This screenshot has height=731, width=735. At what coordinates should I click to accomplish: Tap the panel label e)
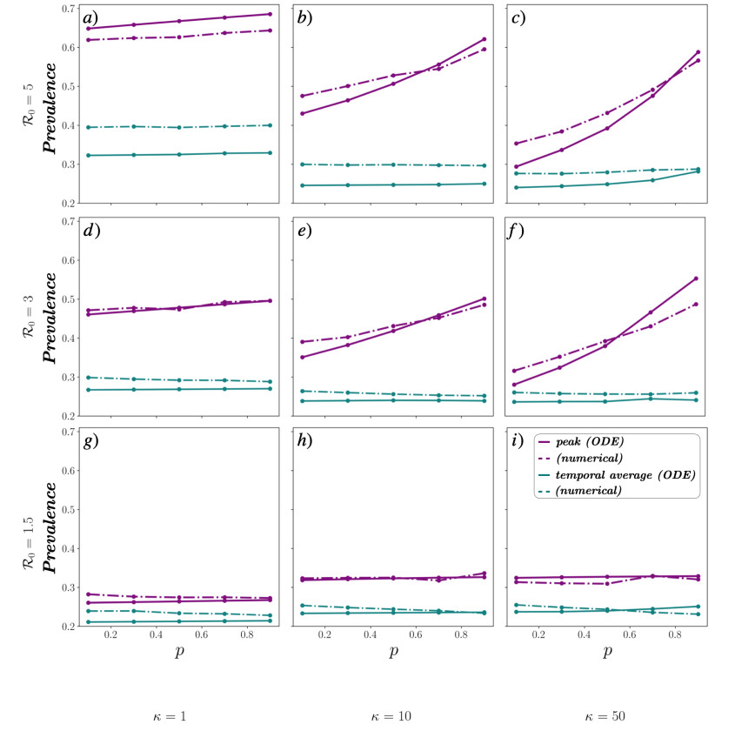click(x=305, y=231)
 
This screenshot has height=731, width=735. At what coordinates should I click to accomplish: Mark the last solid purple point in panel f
click(x=696, y=278)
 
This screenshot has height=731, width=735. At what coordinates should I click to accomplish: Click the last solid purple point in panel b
click(x=483, y=39)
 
